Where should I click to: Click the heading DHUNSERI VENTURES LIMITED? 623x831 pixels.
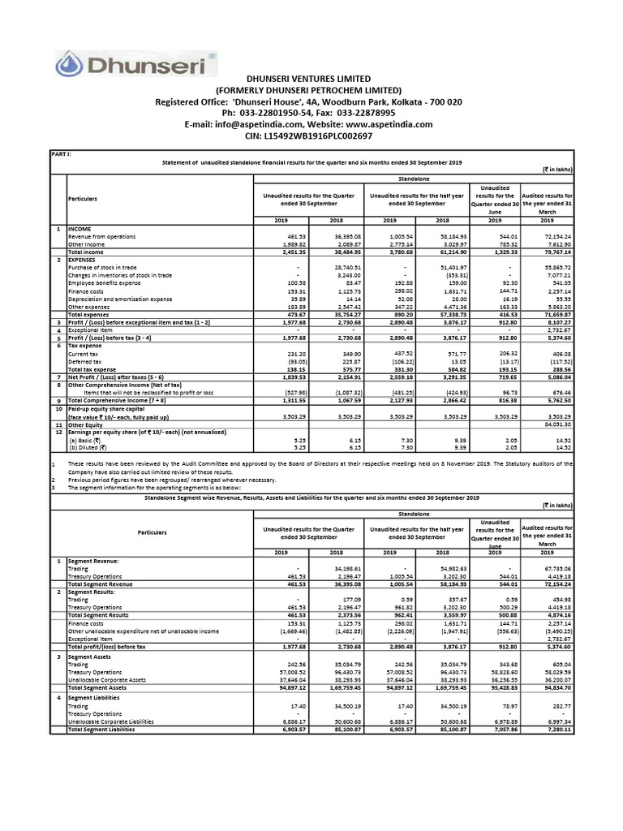coord(308,77)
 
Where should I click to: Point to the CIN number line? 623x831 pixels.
coord(308,136)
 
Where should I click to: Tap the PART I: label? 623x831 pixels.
coord(62,153)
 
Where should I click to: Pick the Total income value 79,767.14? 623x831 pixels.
coord(556,252)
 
